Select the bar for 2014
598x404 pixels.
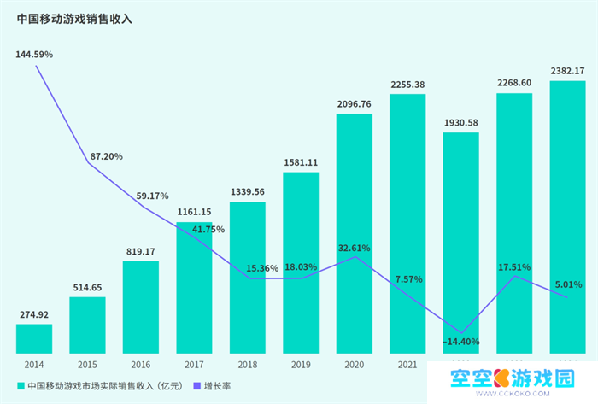click(34, 338)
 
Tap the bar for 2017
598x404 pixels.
click(194, 289)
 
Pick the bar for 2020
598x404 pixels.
click(354, 232)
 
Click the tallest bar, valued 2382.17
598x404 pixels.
click(567, 216)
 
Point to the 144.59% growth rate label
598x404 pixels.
click(34, 54)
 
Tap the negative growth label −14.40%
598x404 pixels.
click(461, 342)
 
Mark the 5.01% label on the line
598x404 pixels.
click(567, 284)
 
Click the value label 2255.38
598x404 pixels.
click(407, 85)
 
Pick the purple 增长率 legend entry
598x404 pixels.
click(214, 385)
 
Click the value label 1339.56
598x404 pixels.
click(247, 192)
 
